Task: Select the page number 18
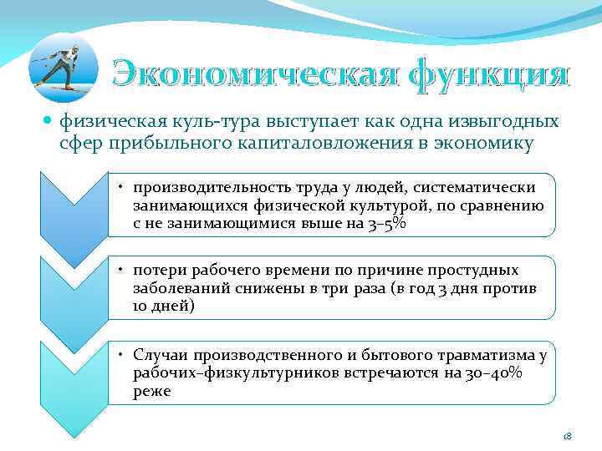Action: [x=566, y=437]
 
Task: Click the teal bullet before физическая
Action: [x=49, y=122]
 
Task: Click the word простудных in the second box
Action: [x=475, y=271]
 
